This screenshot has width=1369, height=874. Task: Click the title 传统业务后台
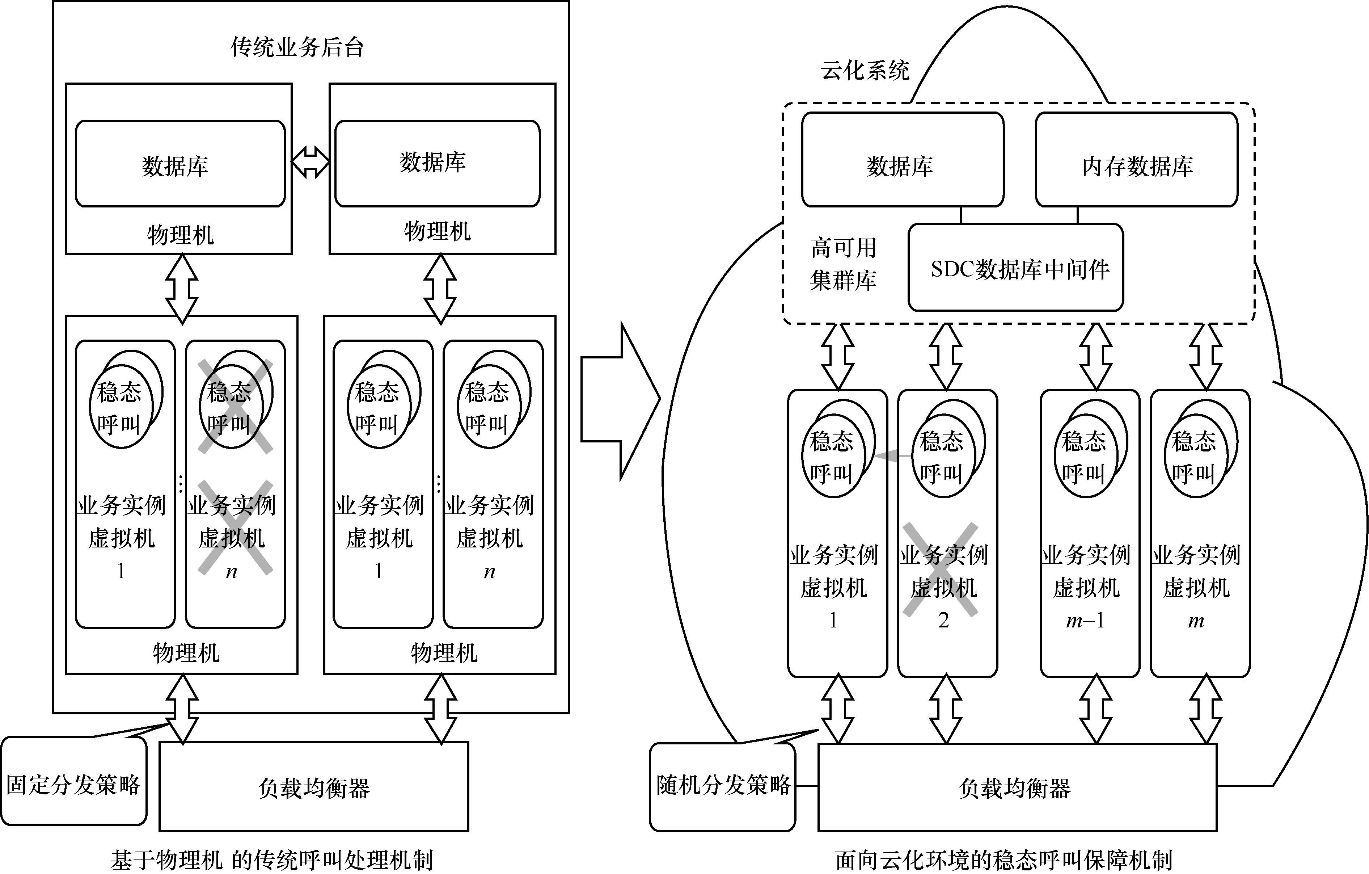coord(297,47)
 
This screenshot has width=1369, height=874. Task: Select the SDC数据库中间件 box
coord(1015,268)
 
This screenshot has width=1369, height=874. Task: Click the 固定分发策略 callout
coord(73,784)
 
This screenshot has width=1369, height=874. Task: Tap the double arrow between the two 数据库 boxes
coord(310,162)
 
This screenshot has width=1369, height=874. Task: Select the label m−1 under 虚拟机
coord(1085,621)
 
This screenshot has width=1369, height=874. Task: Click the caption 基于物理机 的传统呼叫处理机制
coord(272,860)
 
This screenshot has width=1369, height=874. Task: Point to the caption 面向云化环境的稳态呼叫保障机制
coord(1003,860)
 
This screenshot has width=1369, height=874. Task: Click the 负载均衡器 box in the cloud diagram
coord(1017,787)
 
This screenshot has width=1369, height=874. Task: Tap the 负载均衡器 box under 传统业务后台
coord(314,787)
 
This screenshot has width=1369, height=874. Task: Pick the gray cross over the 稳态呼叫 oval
coord(235,406)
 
